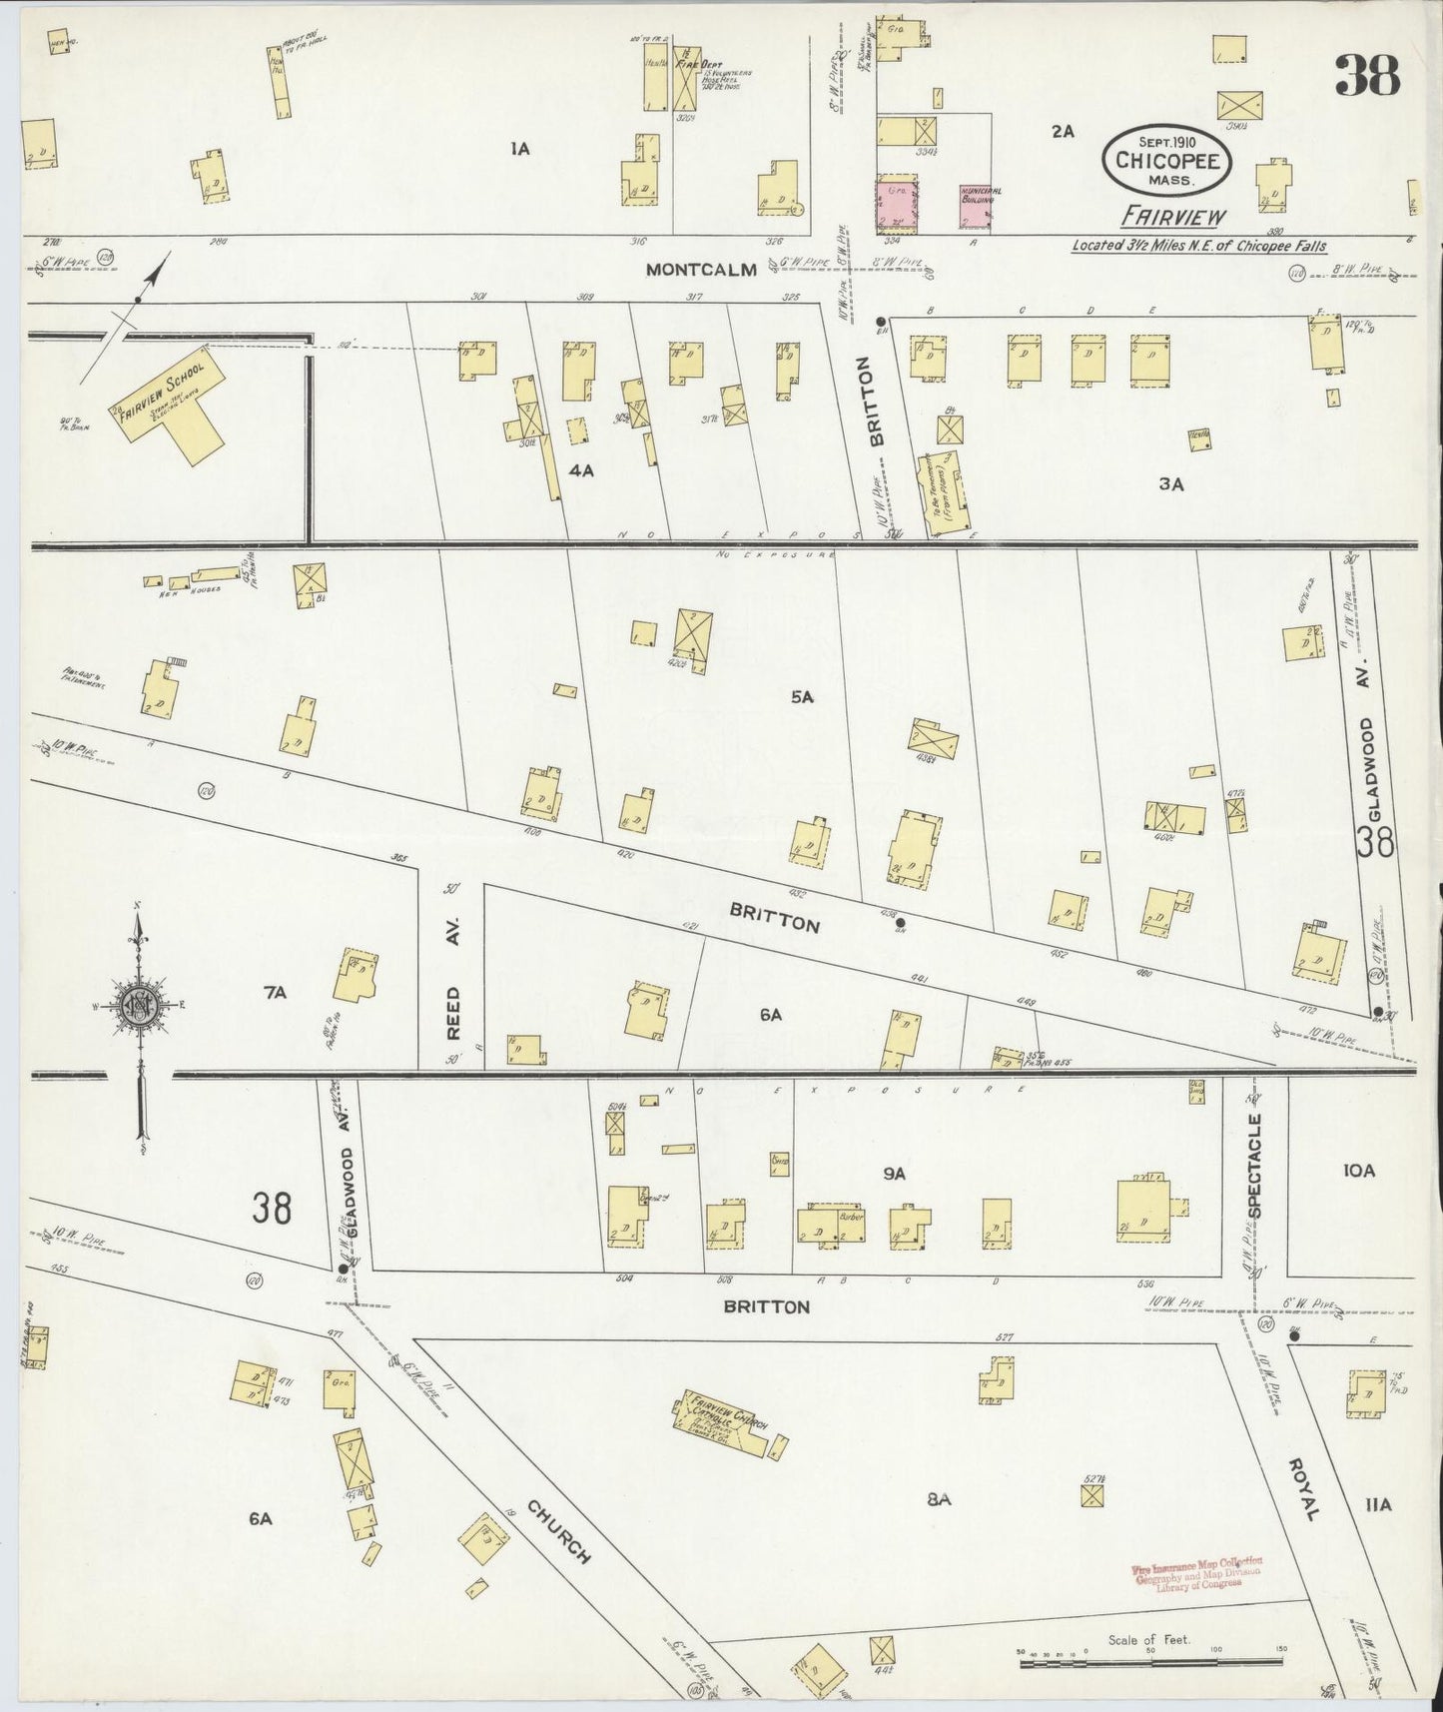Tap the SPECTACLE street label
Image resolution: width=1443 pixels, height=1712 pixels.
point(1255,1165)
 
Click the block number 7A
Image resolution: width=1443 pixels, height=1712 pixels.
point(276,992)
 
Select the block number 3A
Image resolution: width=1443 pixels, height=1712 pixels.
point(1170,484)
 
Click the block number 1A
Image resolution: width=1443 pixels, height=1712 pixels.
point(519,150)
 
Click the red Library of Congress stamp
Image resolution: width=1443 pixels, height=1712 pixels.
point(1197,1574)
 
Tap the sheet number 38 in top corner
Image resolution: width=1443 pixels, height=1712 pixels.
point(1367,75)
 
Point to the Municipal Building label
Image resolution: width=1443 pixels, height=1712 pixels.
point(978,195)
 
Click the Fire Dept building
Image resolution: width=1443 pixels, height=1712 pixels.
point(685,92)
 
